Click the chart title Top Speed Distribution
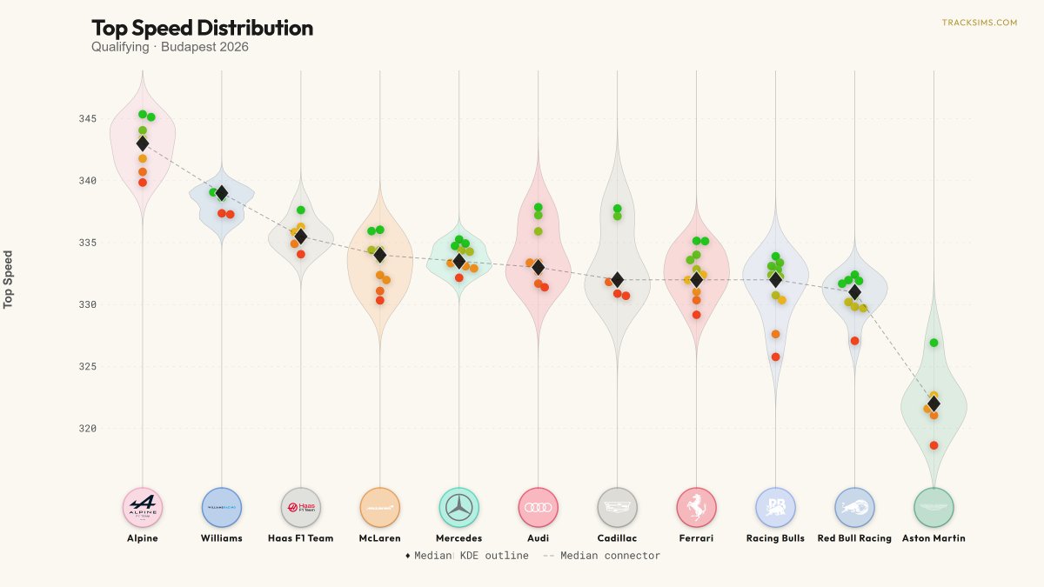(x=202, y=28)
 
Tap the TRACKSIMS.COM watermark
(x=980, y=23)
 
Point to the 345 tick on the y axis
(x=88, y=119)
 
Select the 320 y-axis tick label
(x=88, y=429)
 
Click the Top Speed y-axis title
(x=8, y=279)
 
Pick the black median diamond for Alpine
(x=143, y=143)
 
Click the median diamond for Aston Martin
(x=934, y=404)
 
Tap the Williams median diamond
(x=222, y=193)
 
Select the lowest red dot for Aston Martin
(x=934, y=445)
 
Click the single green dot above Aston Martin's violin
(x=934, y=343)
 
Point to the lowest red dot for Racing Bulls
(x=775, y=357)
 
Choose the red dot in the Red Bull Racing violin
(x=854, y=341)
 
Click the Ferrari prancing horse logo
(x=696, y=507)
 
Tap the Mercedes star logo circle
(x=459, y=507)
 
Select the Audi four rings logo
(x=539, y=507)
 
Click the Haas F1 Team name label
(x=301, y=538)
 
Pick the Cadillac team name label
(x=617, y=538)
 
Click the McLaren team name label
(x=380, y=538)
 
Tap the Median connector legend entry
(x=602, y=556)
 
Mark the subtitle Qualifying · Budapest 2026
(x=170, y=47)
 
